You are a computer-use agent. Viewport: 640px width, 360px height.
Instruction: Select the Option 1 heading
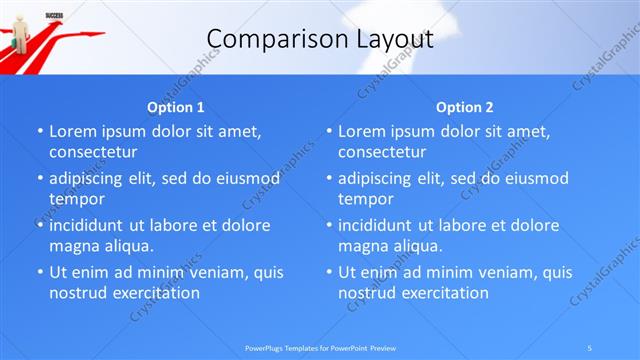coord(176,107)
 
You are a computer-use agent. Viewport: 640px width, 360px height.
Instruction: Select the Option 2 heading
coord(465,107)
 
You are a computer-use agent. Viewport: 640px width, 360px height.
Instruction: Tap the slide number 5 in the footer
coord(589,346)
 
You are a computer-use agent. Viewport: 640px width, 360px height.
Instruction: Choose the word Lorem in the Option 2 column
coord(360,131)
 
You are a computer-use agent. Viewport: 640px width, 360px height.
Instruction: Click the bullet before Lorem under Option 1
coord(39,132)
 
